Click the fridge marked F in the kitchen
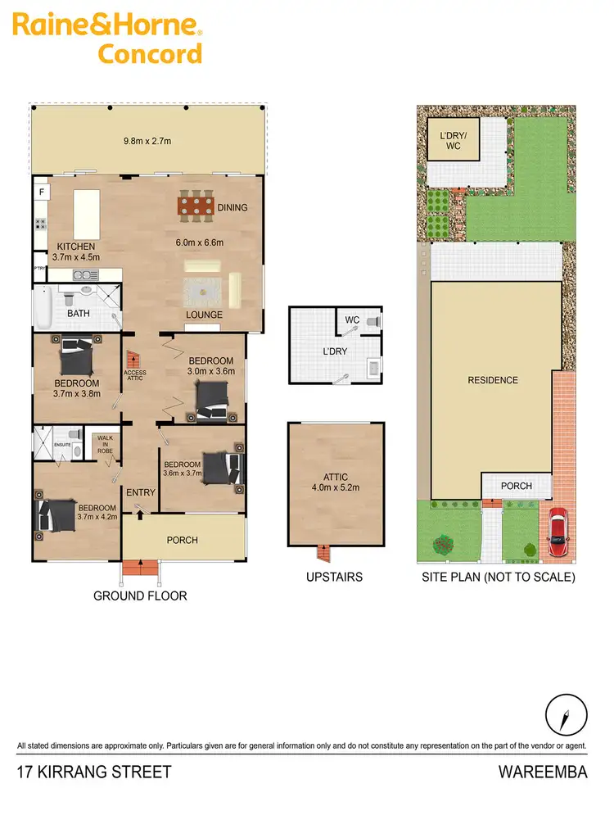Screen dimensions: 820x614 [x=40, y=193]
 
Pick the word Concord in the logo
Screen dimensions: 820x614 [x=150, y=54]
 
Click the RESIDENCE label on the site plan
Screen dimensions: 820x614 [x=493, y=380]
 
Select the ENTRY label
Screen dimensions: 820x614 [x=140, y=492]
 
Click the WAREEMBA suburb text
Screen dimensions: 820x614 [x=543, y=772]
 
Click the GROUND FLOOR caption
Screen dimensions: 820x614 [x=140, y=596]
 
